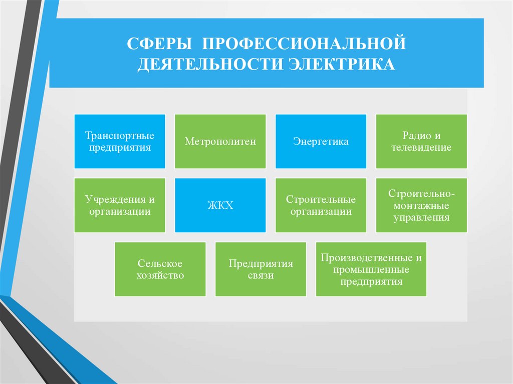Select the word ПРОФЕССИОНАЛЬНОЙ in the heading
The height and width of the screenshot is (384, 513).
[x=303, y=43]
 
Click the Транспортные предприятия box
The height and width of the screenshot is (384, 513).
[x=119, y=142]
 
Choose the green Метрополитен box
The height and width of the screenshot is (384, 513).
[x=220, y=142]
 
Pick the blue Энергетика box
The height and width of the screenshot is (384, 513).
[x=321, y=142]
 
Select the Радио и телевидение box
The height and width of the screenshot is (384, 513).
[x=421, y=142]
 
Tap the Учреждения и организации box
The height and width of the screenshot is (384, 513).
[x=119, y=205]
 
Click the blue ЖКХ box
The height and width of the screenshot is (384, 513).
[x=220, y=205]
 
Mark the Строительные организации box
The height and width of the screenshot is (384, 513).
[x=321, y=205]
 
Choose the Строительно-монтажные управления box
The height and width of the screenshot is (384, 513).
[x=421, y=205]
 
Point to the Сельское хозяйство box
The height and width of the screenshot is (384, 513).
[x=160, y=269]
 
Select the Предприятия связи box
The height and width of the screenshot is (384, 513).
[x=261, y=269]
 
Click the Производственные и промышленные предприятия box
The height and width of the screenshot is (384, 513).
[x=371, y=269]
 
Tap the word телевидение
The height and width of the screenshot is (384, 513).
[x=421, y=148]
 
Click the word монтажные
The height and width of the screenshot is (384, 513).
[x=421, y=205]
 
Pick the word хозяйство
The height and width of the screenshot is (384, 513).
[x=160, y=275]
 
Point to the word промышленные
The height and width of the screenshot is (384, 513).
[x=371, y=270]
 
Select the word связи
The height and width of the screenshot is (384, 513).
[x=261, y=275]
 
